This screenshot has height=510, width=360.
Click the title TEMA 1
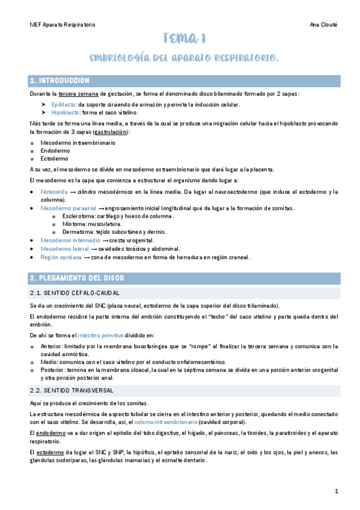tap(185, 40)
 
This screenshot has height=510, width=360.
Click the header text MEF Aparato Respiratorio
tap(63, 25)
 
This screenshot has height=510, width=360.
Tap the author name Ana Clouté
tap(323, 25)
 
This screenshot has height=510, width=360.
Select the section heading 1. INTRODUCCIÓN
tap(60, 81)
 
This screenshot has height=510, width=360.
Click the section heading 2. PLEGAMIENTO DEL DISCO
tap(77, 278)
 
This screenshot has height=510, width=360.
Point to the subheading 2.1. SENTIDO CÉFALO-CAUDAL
tap(75, 292)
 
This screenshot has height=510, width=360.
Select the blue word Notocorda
tap(54, 192)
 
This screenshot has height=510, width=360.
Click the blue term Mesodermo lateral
tap(60, 248)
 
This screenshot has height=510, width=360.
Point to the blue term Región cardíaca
tap(58, 257)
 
